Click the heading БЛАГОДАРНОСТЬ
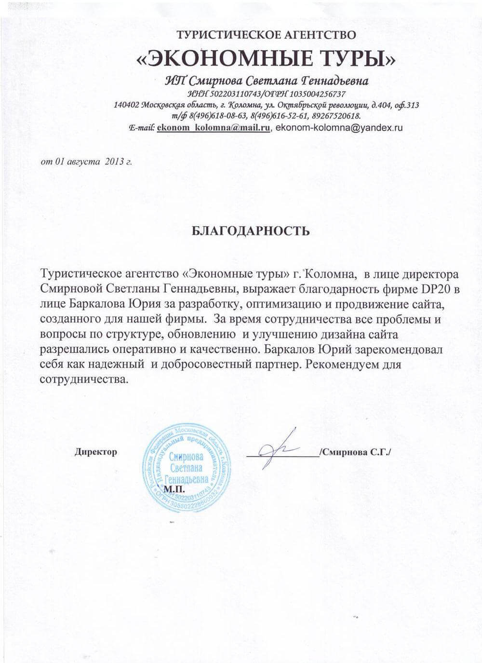coord(250,230)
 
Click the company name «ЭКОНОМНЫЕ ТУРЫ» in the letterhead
coord(267,59)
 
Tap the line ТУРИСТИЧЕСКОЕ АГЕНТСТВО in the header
coord(267,35)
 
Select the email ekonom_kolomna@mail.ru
coord(213,128)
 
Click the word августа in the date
coord(80,162)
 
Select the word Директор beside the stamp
coord(96,452)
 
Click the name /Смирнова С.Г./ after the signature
coord(356,452)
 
